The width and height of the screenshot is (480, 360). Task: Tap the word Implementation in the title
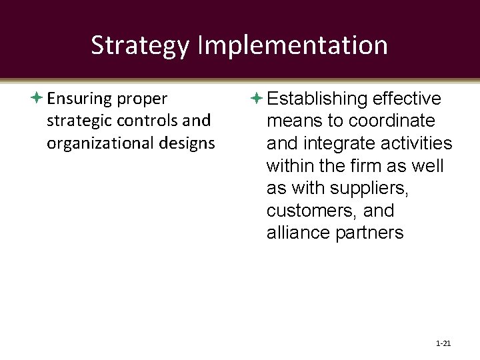293,46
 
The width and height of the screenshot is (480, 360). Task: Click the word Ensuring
79,99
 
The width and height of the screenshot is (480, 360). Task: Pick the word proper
143,99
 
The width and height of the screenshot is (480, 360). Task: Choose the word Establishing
317,99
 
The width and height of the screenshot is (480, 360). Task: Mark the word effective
407,99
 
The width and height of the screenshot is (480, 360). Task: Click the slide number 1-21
443,343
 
